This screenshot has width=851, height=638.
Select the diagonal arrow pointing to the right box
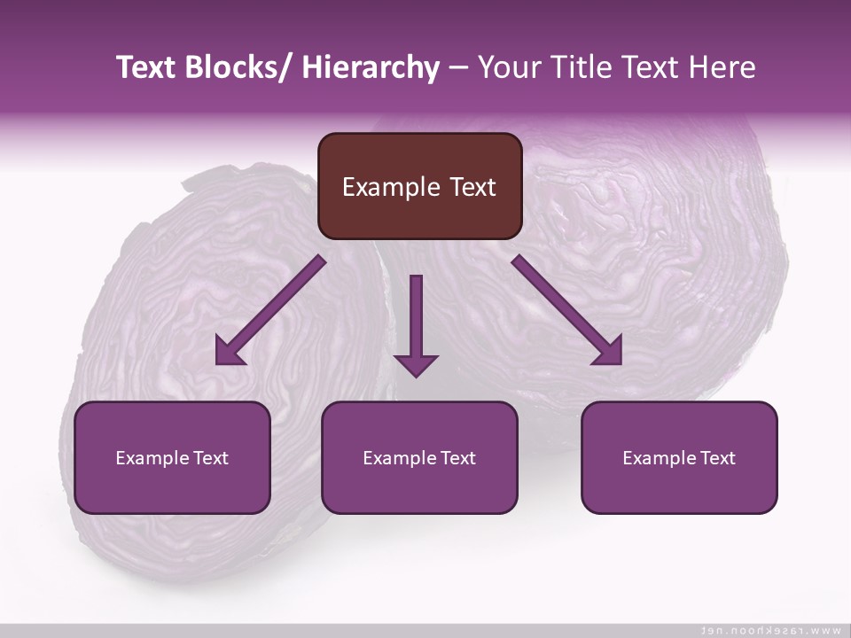567,311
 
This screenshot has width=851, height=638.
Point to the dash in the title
458,68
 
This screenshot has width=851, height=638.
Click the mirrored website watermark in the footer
771,630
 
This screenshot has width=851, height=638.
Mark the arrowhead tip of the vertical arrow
417,376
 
